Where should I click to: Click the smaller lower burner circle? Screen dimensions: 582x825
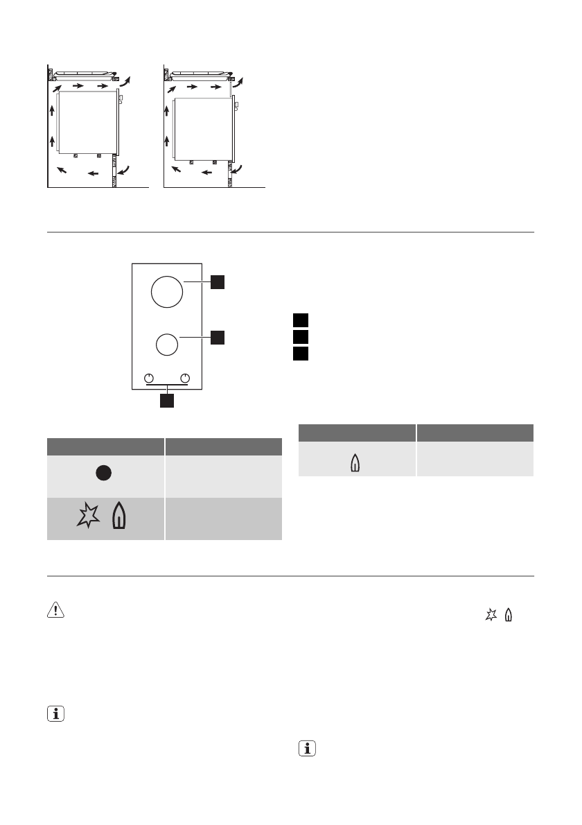click(166, 345)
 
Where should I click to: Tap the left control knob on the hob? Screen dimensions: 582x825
click(148, 378)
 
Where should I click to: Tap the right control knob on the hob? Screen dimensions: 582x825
click(184, 378)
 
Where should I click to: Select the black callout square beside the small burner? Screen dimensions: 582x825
click(218, 337)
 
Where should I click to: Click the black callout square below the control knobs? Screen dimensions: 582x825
click(166, 401)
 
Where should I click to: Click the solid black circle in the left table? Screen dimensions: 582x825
click(104, 474)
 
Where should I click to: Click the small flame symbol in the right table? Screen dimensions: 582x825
click(355, 462)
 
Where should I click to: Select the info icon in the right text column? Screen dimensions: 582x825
click(306, 749)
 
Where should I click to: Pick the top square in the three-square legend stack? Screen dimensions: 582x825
click(299, 320)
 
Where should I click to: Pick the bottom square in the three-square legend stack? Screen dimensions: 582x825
click(299, 354)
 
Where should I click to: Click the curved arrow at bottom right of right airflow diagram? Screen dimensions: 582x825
click(238, 169)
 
